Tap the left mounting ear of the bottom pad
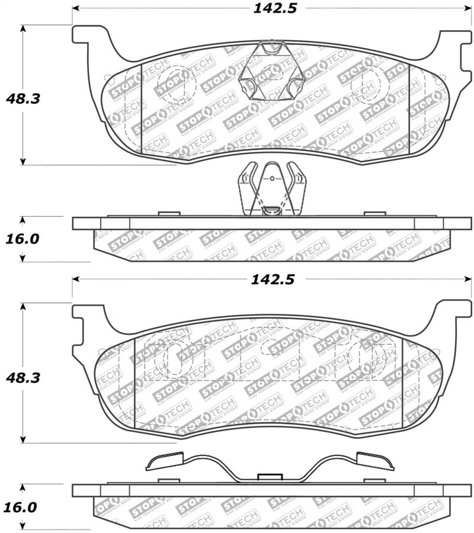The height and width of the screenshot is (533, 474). click(x=86, y=314)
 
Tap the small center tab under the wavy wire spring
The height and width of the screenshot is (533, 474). click(x=270, y=476)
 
